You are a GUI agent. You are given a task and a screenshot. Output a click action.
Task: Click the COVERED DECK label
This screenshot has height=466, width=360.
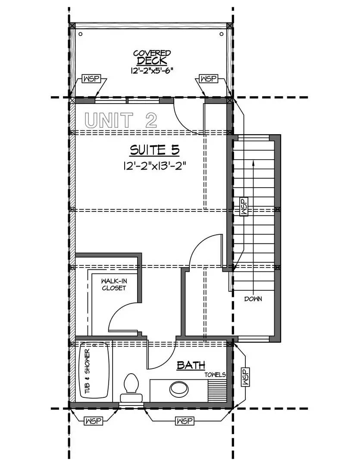coord(152,57)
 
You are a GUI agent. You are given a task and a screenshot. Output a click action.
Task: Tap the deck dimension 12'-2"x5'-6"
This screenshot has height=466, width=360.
coord(152,70)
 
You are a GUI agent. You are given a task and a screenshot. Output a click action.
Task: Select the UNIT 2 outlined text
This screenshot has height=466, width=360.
coord(121,120)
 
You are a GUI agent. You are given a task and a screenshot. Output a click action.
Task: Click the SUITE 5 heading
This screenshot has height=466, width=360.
coord(155,151)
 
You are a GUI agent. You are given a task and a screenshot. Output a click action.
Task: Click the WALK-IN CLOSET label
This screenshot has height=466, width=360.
coord(114,284)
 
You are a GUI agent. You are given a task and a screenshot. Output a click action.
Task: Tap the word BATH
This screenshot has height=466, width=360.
coord(191,365)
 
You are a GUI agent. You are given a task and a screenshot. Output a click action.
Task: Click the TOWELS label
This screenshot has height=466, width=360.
coord(215,375)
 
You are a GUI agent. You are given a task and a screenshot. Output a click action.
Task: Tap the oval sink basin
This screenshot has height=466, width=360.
coord(179,388)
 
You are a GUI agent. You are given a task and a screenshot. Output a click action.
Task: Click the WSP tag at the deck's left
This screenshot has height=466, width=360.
coord(91,79)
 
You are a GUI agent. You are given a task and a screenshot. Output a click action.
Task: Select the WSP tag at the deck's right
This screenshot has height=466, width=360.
coord(208,79)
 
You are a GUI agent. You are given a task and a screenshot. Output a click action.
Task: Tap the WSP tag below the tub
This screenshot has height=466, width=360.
coord(94,421)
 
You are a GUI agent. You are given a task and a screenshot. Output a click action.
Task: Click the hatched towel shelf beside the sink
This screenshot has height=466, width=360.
coord(217,391)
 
